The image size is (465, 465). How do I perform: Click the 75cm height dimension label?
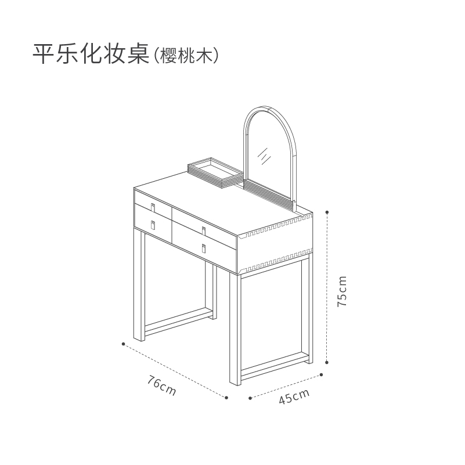pyautogui.click(x=343, y=291)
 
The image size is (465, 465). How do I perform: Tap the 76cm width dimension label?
pyautogui.click(x=161, y=385)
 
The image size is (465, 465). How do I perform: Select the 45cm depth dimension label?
pyautogui.click(x=294, y=396)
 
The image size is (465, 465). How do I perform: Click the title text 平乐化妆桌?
pyautogui.click(x=91, y=53)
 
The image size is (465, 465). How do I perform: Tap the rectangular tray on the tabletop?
pyautogui.click(x=215, y=172)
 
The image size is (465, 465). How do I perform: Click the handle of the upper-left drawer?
pyautogui.click(x=153, y=208)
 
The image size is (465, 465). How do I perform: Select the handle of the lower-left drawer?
pyautogui.click(x=153, y=225)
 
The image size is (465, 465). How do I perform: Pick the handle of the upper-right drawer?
pyautogui.click(x=204, y=231)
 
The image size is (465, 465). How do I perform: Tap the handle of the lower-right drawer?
pyautogui.click(x=204, y=248)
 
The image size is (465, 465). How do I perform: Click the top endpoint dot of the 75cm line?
pyautogui.click(x=327, y=212)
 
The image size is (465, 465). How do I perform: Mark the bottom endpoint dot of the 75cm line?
pyautogui.click(x=327, y=362)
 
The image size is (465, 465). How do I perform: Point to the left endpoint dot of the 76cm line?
pyautogui.click(x=123, y=344)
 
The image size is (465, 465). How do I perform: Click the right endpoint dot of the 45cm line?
pyautogui.click(x=322, y=375)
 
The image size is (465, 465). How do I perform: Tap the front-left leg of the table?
pyautogui.click(x=139, y=285)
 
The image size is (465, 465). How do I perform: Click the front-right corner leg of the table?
pyautogui.click(x=235, y=329)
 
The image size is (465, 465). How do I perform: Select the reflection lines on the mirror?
pyautogui.click(x=265, y=156)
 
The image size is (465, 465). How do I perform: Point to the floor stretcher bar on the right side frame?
pyautogui.click(x=275, y=366)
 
